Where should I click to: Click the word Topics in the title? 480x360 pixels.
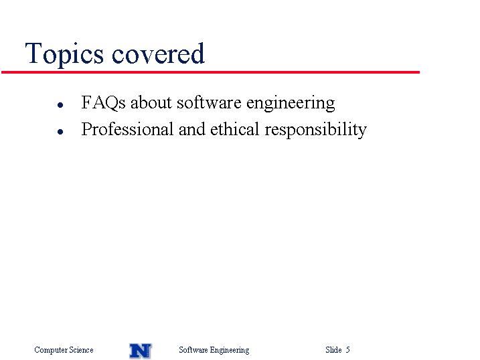[x=64, y=54]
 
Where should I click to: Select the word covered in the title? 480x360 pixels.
[x=158, y=54]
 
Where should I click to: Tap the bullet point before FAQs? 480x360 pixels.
[x=60, y=105]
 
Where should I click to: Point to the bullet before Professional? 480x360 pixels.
[x=60, y=132]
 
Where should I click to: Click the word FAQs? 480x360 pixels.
[x=104, y=102]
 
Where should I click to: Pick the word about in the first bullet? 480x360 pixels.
[x=151, y=102]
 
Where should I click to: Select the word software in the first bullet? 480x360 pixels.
[x=209, y=102]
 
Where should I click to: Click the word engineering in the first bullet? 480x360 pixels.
[x=291, y=103]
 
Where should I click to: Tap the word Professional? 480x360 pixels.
[x=127, y=129]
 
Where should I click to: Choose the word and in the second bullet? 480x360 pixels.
[x=192, y=129]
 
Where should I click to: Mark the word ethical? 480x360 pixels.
[x=235, y=129]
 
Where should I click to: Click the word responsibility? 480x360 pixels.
[x=315, y=130]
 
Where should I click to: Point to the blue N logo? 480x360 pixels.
[x=141, y=351]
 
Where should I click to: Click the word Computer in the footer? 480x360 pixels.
[x=51, y=350]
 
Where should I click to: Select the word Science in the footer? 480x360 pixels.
[x=81, y=349]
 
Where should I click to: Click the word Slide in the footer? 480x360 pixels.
[x=333, y=349]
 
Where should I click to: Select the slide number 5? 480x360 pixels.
[x=347, y=349]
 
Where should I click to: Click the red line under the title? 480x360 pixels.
[x=211, y=72]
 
